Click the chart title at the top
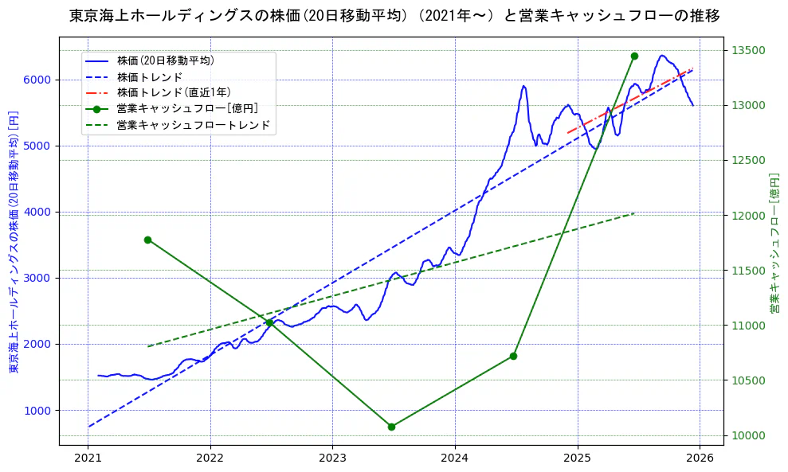[x=394, y=16]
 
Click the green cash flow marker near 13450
[x=634, y=56]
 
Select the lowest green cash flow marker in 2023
[x=391, y=427]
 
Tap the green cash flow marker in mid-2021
[x=147, y=240]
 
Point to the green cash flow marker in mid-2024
[x=513, y=356]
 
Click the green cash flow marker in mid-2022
[x=269, y=322]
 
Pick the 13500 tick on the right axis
[x=749, y=50]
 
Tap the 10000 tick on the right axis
[x=749, y=435]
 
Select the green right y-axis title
[x=774, y=243]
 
